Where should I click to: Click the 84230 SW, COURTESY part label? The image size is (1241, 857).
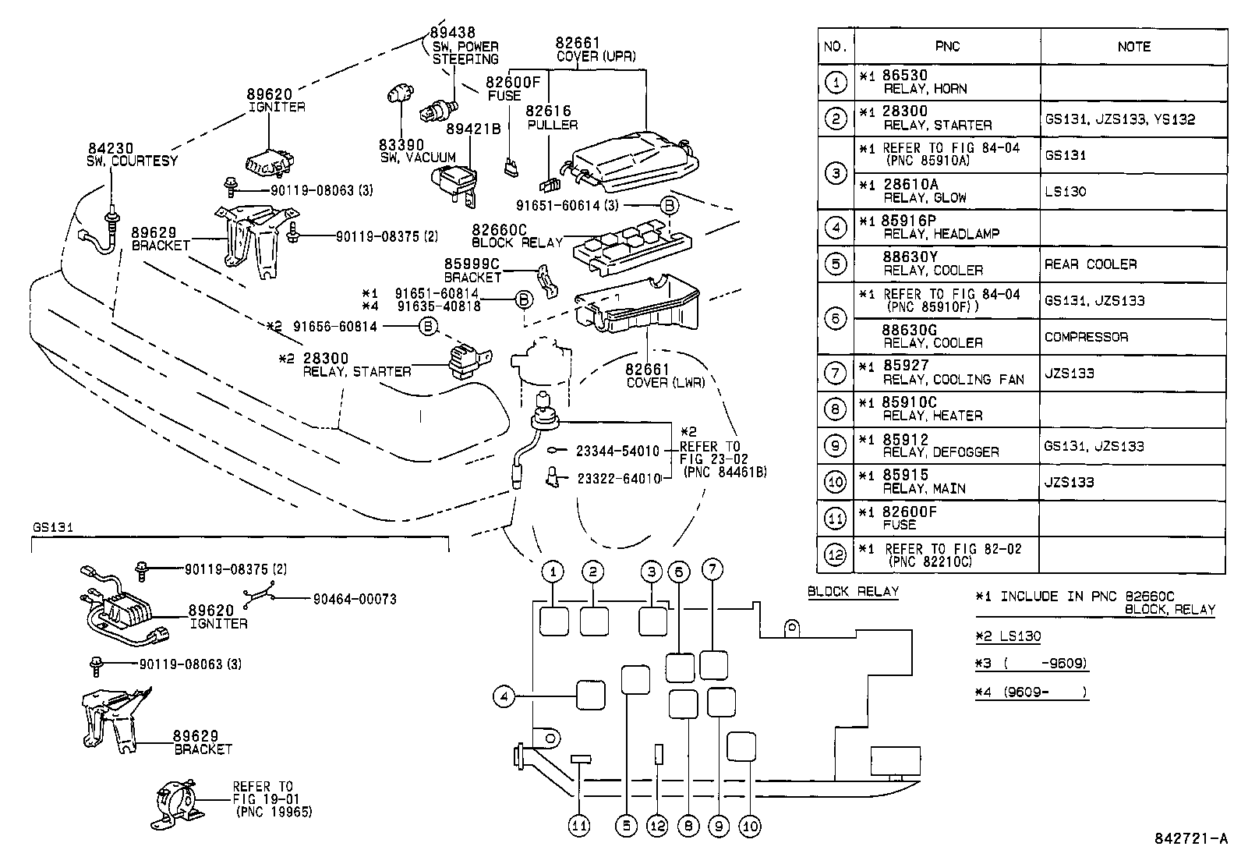click(133, 154)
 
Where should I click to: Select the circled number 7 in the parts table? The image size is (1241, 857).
click(835, 374)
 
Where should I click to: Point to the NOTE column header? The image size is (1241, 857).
click(1133, 47)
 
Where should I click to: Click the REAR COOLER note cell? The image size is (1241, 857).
click(1091, 265)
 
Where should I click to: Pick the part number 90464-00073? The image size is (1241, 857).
click(355, 599)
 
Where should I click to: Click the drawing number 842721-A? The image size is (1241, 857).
click(1190, 840)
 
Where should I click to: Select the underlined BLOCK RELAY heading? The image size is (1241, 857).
click(853, 591)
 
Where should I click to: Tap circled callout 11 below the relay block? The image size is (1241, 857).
click(579, 826)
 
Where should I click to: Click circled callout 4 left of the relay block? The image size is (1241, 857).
click(504, 696)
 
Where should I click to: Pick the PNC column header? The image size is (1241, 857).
click(947, 47)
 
